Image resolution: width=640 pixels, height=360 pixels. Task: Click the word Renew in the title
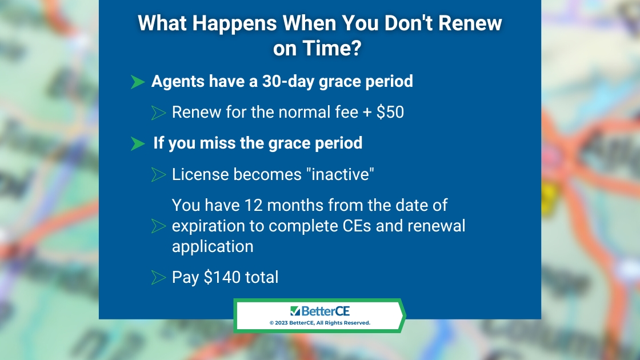470,23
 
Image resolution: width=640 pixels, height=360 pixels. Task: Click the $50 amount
390,112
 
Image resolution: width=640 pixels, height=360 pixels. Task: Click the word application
213,247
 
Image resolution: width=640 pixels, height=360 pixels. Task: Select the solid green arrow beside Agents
138,82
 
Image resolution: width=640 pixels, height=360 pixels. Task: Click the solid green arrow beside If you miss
138,143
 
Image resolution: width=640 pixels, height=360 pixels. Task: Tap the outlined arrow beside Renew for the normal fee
158,113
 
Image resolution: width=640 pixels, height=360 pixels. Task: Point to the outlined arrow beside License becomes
158,175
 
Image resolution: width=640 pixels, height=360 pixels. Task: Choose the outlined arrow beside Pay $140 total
158,278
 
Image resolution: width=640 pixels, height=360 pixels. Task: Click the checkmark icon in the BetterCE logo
295,311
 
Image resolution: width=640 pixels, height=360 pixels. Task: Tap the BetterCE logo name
325,311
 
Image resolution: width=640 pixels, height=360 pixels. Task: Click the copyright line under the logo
319,323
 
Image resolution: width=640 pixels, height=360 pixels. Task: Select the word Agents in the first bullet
178,82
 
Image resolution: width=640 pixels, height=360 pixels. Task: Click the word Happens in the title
234,23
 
